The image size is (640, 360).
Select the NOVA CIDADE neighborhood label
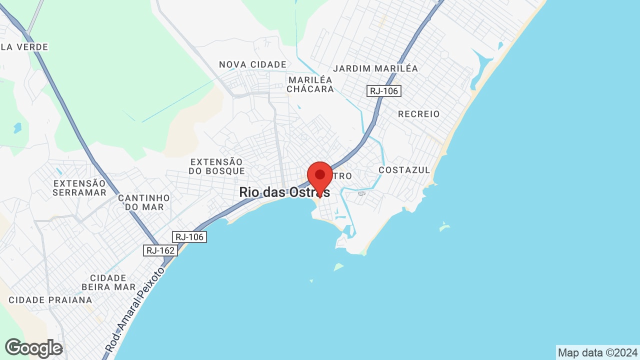tap(253, 64)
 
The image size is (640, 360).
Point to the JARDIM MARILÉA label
tap(375, 68)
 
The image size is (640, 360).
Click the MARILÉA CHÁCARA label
tap(310, 84)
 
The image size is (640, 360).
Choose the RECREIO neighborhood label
tap(419, 114)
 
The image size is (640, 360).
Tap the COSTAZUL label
tap(404, 170)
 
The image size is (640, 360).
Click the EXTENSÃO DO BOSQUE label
tap(216, 166)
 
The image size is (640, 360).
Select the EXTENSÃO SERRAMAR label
tap(80, 188)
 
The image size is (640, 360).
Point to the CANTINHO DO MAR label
tap(144, 202)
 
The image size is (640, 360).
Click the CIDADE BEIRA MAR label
tap(108, 282)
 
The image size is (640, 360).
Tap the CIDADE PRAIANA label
tap(50, 300)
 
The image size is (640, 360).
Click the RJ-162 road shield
tap(160, 250)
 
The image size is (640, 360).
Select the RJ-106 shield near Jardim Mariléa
tap(384, 91)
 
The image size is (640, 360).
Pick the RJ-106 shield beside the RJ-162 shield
tap(189, 237)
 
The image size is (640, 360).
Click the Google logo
tap(33, 348)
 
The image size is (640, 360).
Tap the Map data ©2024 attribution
tap(597, 352)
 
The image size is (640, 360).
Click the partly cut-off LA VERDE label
tap(24, 47)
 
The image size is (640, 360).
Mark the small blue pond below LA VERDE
tap(17, 128)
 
